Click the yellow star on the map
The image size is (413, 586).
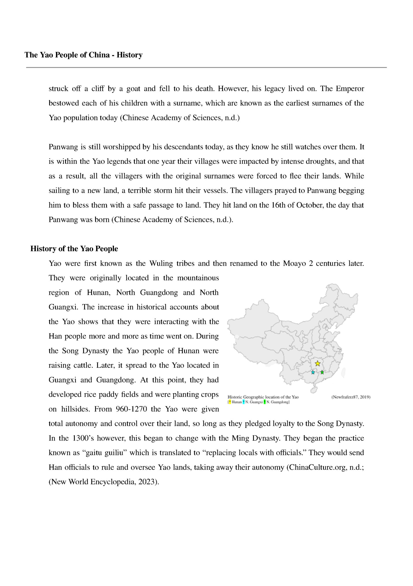coord(318,363)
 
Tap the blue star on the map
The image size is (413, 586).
coord(313,372)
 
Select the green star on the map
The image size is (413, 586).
coord(322,372)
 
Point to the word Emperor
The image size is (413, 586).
coord(350,89)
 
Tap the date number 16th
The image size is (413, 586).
coord(278,205)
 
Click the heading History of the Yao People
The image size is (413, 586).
coord(74,249)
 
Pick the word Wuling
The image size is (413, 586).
coord(161,264)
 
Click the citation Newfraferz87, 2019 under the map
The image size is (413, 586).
coord(351,397)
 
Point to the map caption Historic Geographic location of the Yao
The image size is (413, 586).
coord(263,397)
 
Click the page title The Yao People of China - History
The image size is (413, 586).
coord(84,55)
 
